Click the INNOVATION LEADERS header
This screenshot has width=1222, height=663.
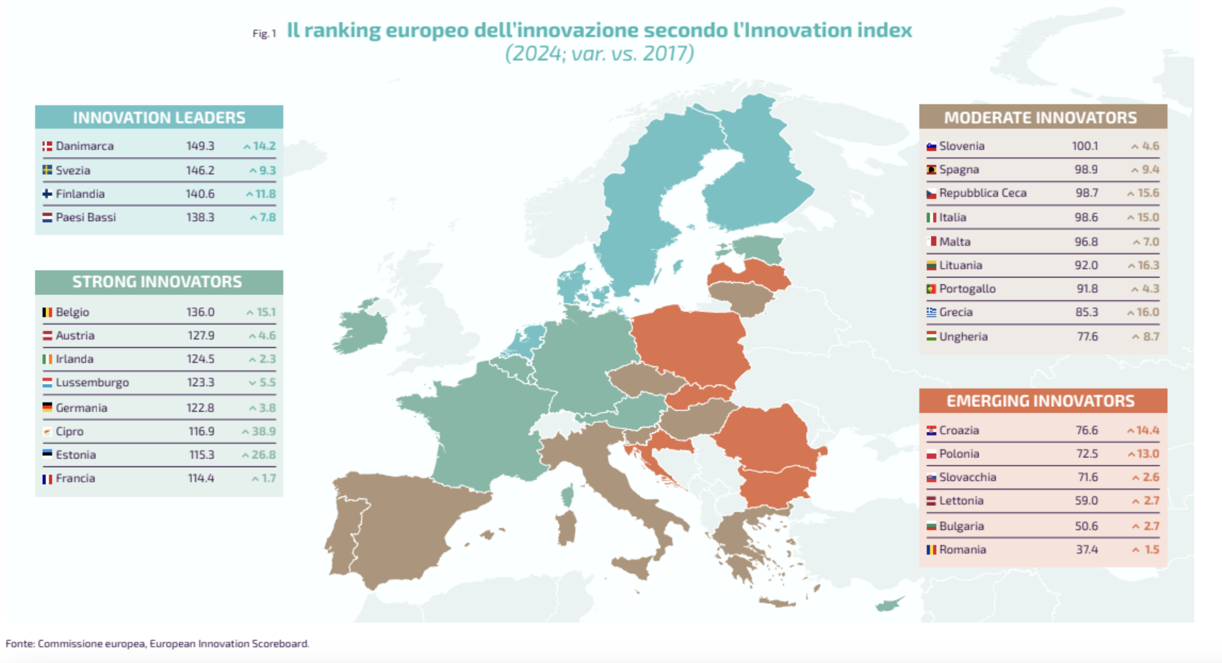click(x=159, y=118)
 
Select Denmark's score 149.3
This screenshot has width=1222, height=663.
click(x=200, y=146)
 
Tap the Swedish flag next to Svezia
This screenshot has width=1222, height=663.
click(x=47, y=170)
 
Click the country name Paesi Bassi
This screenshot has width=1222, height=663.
click(x=86, y=217)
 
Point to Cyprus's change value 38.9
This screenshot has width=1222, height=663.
click(x=263, y=431)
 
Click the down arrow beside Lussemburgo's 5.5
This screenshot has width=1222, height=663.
click(x=252, y=383)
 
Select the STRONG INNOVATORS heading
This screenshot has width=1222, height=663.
click(x=157, y=282)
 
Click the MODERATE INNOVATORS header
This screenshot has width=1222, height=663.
click(x=1040, y=118)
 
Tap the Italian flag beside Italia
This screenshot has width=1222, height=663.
click(x=931, y=217)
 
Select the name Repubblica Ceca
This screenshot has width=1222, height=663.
click(x=982, y=193)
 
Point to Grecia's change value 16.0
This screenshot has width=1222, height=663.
click(x=1148, y=312)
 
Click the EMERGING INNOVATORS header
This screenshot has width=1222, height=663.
click(x=1040, y=401)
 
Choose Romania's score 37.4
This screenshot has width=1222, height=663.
click(x=1086, y=550)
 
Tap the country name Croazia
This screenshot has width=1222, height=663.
click(x=959, y=430)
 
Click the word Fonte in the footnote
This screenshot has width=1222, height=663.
click(x=19, y=644)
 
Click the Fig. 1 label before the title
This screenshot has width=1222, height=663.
click(x=264, y=34)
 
